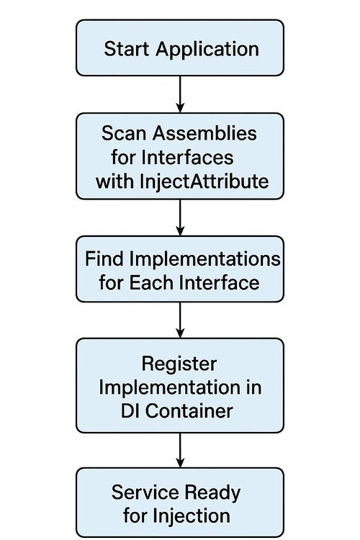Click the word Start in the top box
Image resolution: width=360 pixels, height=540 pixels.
point(127,48)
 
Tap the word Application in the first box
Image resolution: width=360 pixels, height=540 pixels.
point(207,50)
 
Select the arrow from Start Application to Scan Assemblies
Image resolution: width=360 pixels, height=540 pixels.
point(180,94)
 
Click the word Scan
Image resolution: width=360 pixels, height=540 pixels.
point(124,133)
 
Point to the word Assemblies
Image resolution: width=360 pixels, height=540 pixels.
point(204,133)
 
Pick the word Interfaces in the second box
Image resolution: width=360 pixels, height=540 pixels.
point(187,158)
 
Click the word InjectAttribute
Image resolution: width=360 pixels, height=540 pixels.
point(204,181)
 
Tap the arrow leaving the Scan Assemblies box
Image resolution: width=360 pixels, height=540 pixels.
point(180,217)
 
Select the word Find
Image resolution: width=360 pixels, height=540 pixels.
point(104,258)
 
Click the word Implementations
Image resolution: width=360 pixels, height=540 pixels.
point(205,260)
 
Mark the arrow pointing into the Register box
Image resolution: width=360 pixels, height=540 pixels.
point(180,320)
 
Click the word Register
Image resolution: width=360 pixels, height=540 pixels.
point(179,365)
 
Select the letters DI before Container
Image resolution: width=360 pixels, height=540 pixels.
point(128,411)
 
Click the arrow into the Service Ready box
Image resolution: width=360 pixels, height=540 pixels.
point(180,450)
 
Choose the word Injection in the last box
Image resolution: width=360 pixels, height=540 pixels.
point(192,516)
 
